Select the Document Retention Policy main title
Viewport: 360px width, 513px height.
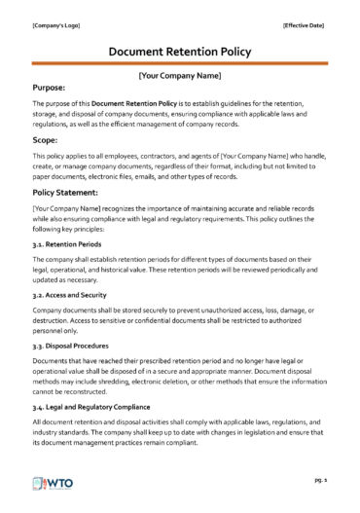pyautogui.click(x=180, y=51)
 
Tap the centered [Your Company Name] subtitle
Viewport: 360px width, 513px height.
pyautogui.click(x=180, y=74)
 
